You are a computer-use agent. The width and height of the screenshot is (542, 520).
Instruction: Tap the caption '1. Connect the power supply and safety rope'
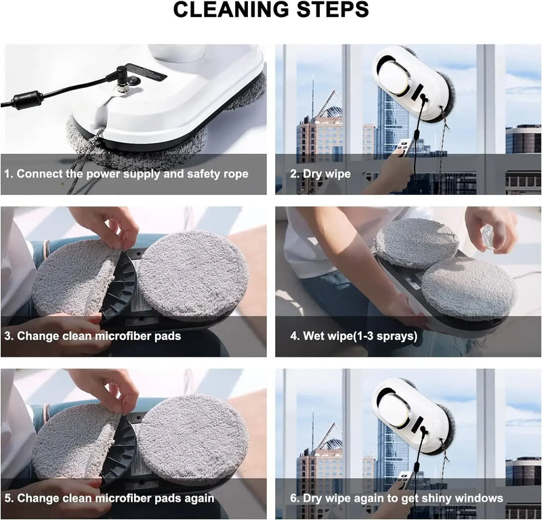coord(126,174)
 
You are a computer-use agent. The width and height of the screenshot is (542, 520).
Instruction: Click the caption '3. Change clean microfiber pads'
coord(99,336)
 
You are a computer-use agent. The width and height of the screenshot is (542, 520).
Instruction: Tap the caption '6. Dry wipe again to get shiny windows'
coord(396,498)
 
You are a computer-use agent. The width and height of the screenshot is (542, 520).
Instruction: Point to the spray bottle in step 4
coord(490,237)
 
